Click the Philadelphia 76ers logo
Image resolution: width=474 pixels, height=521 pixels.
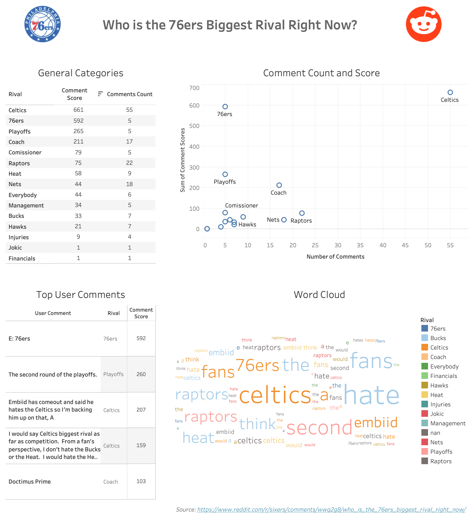42,24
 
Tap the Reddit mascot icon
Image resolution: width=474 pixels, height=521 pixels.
423,24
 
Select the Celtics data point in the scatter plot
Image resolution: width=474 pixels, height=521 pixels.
450,92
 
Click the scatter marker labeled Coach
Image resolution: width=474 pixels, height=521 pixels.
279,185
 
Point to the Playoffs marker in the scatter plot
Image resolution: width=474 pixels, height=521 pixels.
225,174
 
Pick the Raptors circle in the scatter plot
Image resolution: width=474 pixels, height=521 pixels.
302,213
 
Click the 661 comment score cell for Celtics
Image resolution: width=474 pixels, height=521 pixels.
78,110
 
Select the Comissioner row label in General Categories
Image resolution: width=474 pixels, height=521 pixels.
25,153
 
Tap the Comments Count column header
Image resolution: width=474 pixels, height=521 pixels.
130,94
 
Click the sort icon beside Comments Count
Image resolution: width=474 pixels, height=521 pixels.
100,94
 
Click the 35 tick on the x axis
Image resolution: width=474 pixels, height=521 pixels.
360,245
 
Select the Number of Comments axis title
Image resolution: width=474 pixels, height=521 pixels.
335,257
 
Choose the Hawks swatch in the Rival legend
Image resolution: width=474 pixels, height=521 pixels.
424,385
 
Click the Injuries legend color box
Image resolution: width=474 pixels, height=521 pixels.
424,404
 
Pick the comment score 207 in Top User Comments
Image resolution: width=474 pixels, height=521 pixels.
141,410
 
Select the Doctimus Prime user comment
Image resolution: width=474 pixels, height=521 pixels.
30,481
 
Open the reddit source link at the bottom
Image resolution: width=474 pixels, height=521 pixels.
331,509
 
